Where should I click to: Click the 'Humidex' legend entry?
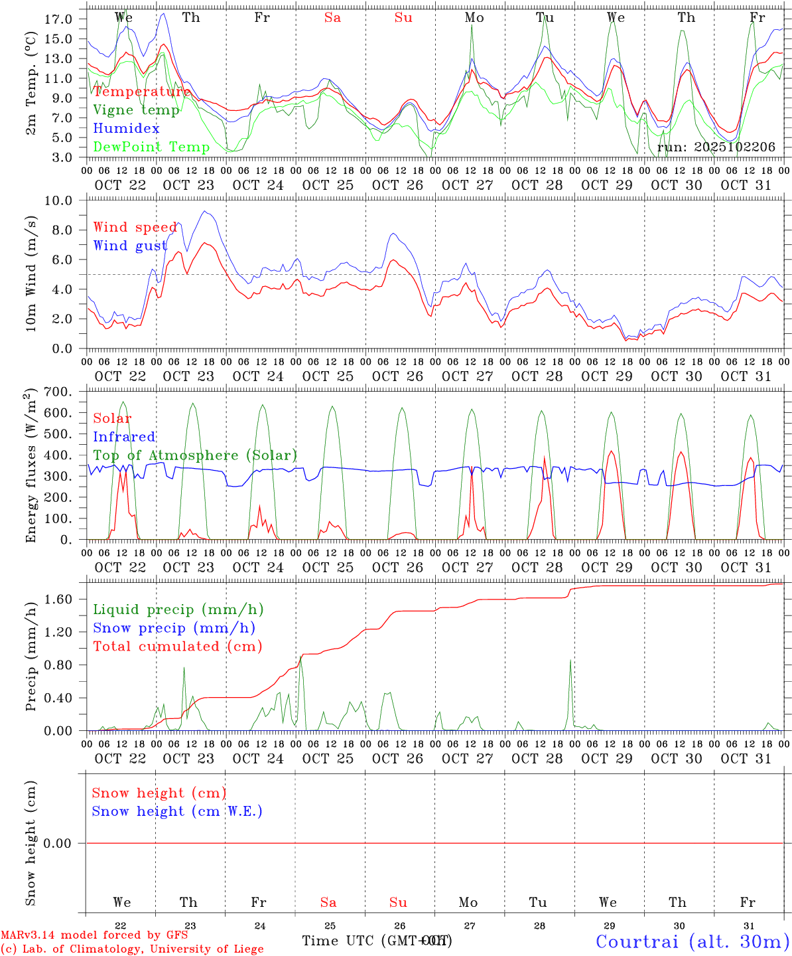(126, 128)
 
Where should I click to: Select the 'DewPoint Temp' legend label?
(151, 147)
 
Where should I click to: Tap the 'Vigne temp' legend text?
(136, 110)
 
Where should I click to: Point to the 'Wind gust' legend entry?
(130, 246)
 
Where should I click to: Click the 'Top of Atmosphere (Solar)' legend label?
(195, 455)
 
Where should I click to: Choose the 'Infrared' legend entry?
(124, 437)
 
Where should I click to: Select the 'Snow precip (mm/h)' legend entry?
(174, 628)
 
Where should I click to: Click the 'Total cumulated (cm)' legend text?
(178, 646)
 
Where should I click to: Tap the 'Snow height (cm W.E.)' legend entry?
(177, 811)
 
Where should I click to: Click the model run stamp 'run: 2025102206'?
(716, 147)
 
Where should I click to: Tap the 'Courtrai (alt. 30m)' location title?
(693, 941)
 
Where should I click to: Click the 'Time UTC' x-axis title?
(375, 941)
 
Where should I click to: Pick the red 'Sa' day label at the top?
(332, 18)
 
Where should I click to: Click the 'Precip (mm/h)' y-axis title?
(31, 657)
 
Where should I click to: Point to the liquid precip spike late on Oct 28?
(570, 661)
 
